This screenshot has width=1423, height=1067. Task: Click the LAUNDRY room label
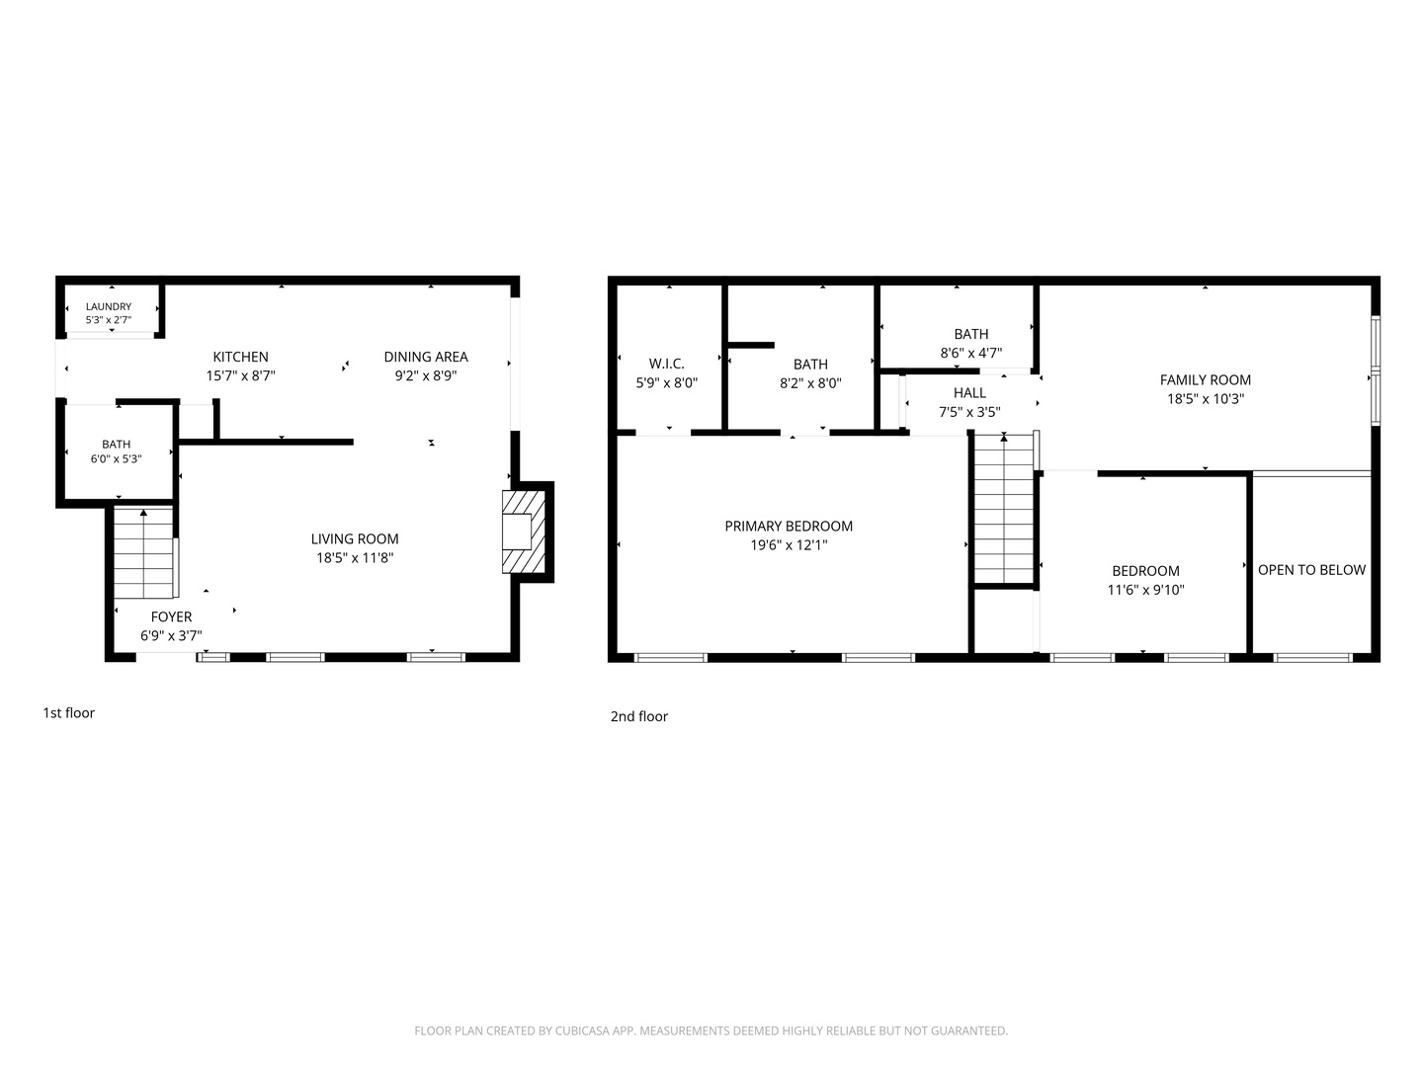pyautogui.click(x=109, y=306)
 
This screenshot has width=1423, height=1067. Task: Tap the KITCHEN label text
pyautogui.click(x=240, y=357)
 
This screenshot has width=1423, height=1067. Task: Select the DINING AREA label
pyautogui.click(x=426, y=357)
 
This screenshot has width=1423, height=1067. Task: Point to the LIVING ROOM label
pyautogui.click(x=355, y=538)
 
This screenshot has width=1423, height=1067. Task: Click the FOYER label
pyautogui.click(x=171, y=616)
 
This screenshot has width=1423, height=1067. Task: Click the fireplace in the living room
pyautogui.click(x=523, y=532)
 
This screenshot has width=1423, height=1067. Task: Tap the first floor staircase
pyautogui.click(x=143, y=552)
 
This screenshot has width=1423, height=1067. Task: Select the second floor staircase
pyautogui.click(x=1004, y=509)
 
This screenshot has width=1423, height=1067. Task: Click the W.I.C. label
pyautogui.click(x=666, y=364)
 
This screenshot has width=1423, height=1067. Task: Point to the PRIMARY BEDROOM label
pyautogui.click(x=789, y=526)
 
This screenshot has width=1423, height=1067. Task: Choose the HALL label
pyautogui.click(x=969, y=392)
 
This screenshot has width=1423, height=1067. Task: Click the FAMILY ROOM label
pyautogui.click(x=1206, y=379)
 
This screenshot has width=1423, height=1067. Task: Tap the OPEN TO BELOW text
pyautogui.click(x=1311, y=569)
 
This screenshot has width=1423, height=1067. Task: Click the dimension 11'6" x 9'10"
pyautogui.click(x=1145, y=590)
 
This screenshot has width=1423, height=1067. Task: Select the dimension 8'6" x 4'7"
pyautogui.click(x=971, y=353)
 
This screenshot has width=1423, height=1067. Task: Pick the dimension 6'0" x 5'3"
pyautogui.click(x=116, y=458)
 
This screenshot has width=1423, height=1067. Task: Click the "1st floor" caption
pyautogui.click(x=69, y=712)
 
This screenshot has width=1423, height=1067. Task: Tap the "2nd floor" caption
pyautogui.click(x=638, y=716)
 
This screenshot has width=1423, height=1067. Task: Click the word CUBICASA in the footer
pyautogui.click(x=582, y=1030)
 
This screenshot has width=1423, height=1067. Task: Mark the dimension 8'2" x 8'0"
pyautogui.click(x=810, y=383)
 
